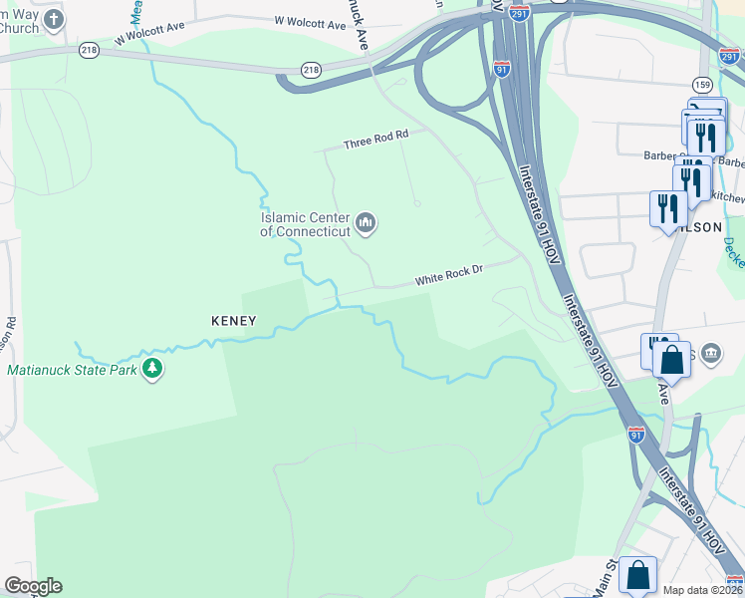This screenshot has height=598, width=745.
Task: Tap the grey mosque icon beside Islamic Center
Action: tap(365, 223)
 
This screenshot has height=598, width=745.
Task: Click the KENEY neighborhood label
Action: tap(234, 321)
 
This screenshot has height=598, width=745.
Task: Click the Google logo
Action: tap(32, 586)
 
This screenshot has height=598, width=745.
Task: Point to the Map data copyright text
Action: tap(702, 590)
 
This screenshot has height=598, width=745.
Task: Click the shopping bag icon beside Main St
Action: tap(637, 575)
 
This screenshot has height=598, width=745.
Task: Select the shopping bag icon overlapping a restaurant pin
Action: tap(672, 359)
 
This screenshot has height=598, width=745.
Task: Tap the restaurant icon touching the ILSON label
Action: tap(666, 208)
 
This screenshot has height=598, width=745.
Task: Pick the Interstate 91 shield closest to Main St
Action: tap(636, 434)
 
